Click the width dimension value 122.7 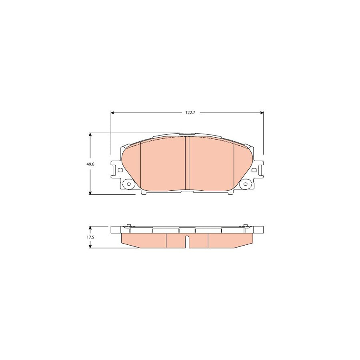pyautogui.click(x=190, y=113)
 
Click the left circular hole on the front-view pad pyautogui.click(x=129, y=184)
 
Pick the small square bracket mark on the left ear pyautogui.click(x=119, y=170)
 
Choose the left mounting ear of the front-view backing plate pyautogui.click(x=115, y=170)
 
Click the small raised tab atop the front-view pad pyautogui.click(x=187, y=134)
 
